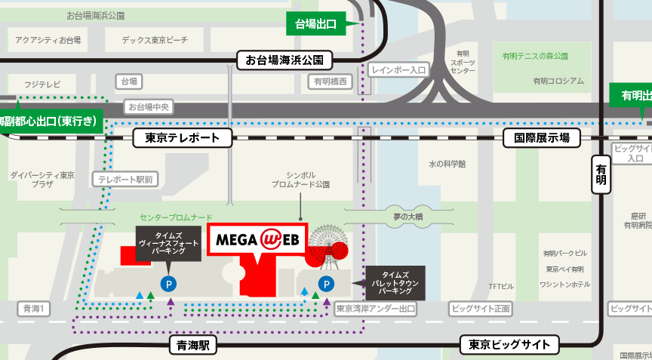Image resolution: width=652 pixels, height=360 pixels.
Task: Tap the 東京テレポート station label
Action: [183, 137]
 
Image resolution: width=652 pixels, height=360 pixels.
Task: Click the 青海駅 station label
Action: [193, 346]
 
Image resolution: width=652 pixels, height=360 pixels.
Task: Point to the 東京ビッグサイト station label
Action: [509, 346]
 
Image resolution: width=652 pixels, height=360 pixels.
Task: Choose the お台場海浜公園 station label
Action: [284, 60]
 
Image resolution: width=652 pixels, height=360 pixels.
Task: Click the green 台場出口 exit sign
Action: [315, 24]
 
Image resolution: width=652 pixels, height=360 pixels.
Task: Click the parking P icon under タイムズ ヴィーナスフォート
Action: [168, 284]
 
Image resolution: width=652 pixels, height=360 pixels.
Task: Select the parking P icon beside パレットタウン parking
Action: [326, 284]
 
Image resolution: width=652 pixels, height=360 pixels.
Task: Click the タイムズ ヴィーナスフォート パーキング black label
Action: [168, 244]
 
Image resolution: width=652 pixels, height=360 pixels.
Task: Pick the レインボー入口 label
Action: [398, 69]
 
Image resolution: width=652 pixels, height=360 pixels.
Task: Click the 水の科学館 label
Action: [447, 163]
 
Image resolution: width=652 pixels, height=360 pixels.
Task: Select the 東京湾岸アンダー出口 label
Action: [377, 309]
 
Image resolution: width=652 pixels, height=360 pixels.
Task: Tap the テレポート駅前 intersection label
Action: [125, 179]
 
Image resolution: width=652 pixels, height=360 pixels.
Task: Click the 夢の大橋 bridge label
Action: [408, 217]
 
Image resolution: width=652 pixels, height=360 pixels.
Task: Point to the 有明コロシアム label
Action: [558, 81]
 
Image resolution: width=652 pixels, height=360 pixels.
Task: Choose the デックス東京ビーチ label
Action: [155, 40]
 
